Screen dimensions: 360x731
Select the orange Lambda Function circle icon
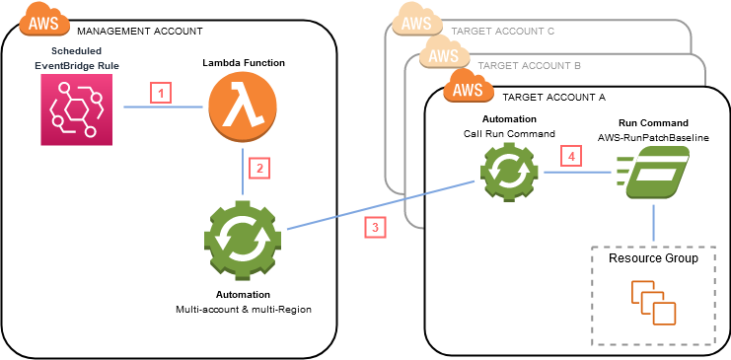coord(243,107)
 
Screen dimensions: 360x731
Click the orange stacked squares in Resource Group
coord(653,303)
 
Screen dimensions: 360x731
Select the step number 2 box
coord(257,168)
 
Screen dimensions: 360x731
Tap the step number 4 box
coord(566,156)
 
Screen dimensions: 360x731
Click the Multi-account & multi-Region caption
coord(243,310)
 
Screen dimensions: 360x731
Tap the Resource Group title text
coord(652,258)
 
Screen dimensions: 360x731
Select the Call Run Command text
coord(509,132)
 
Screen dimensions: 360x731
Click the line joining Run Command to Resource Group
coord(652,226)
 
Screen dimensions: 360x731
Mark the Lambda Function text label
coord(243,62)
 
